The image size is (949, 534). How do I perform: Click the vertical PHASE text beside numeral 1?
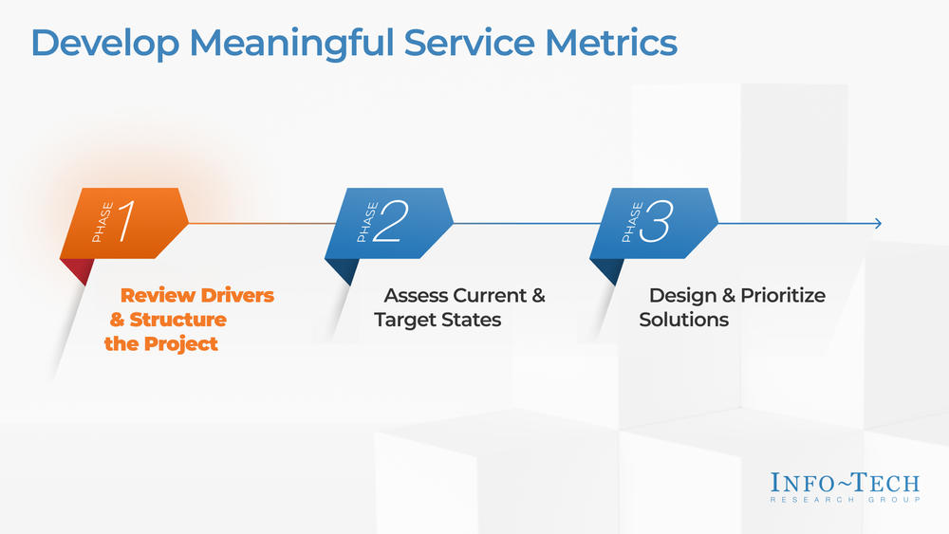[99, 223]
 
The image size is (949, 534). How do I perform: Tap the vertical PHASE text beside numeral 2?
[363, 223]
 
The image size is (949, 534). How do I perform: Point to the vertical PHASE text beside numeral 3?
[627, 223]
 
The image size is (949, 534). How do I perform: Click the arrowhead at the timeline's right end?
[878, 224]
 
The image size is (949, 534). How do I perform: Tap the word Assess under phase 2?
[416, 296]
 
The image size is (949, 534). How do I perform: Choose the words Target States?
[437, 320]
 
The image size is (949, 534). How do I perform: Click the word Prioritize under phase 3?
[783, 296]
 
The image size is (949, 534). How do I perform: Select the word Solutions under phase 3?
[683, 320]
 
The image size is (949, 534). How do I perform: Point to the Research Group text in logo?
[845, 499]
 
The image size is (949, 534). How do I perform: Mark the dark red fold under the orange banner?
[79, 270]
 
